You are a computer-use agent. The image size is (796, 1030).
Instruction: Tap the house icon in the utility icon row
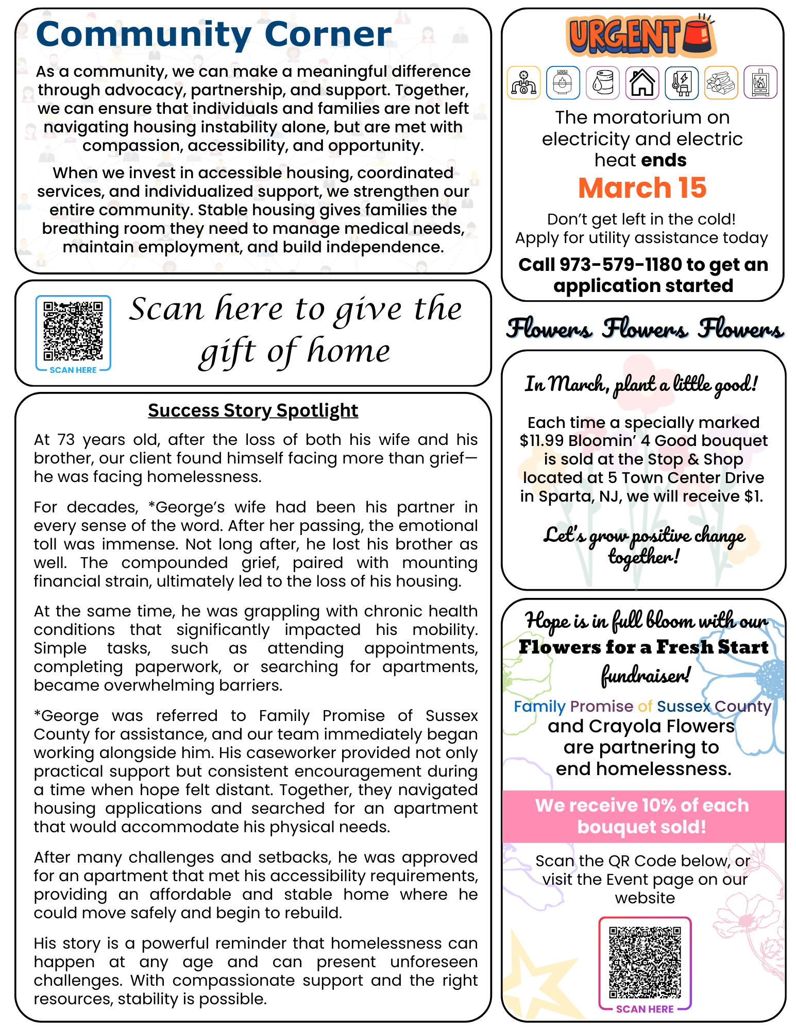coord(642,82)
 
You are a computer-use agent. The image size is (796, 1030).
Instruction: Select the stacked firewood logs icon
coord(721,82)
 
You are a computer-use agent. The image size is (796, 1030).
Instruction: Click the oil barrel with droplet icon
coord(602,82)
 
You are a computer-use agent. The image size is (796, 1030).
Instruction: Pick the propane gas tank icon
coord(563,82)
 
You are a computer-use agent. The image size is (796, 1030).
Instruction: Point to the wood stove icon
coord(760,82)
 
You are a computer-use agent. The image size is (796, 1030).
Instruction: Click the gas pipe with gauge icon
coord(523,82)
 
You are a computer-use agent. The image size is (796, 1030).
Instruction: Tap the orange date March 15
coord(642,188)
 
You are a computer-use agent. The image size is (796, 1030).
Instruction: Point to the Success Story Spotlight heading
coord(253,410)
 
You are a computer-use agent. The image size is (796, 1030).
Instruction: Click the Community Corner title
coord(214,35)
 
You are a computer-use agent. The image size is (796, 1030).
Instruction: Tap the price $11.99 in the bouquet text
coord(541,441)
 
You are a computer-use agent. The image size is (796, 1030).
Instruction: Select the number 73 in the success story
coord(66,440)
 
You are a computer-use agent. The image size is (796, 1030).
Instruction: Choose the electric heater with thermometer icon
coord(681,82)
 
